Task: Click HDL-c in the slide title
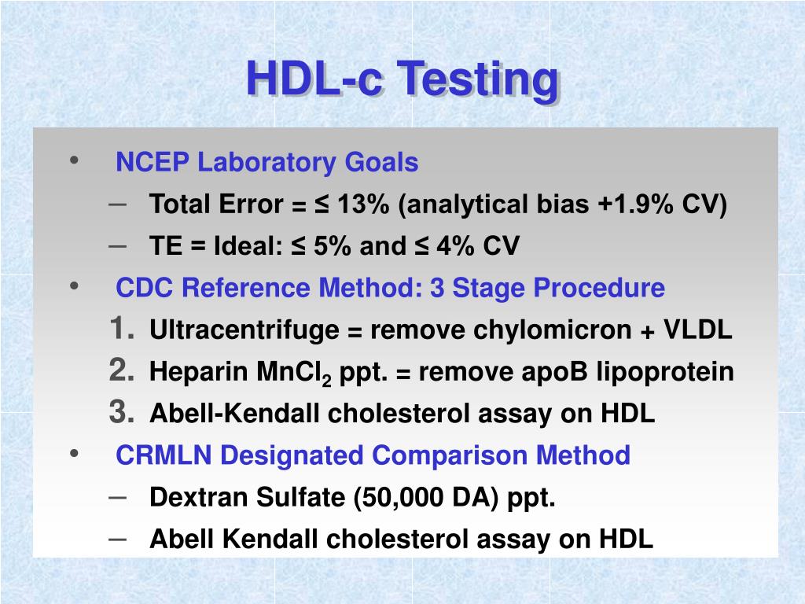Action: click(314, 78)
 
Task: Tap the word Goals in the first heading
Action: click(381, 162)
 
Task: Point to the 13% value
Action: click(363, 204)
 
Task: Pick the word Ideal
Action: click(248, 245)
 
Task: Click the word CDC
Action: click(145, 288)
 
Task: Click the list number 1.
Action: click(122, 328)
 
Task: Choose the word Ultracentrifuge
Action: click(244, 330)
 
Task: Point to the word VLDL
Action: click(698, 330)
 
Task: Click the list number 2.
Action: click(122, 370)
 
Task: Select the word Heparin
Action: click(199, 372)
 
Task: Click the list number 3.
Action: click(122, 412)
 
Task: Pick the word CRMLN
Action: click(164, 455)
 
